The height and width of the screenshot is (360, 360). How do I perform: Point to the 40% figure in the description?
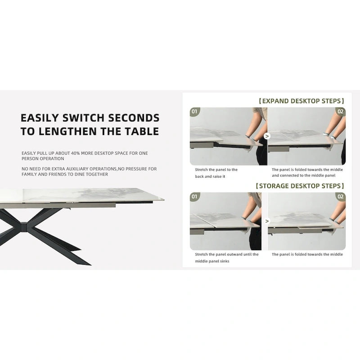coord(75,153)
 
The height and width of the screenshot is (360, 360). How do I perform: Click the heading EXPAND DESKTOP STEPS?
coord(301,101)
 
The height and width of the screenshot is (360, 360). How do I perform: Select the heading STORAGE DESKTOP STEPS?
coord(300,186)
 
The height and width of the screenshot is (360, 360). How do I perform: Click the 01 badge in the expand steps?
coord(195,112)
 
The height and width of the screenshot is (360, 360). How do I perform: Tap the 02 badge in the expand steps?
coord(341,112)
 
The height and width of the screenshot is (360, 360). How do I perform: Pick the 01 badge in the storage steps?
coord(195,197)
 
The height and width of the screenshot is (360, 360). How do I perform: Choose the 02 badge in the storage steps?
coord(341,197)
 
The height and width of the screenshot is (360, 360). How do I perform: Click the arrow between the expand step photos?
coord(267,136)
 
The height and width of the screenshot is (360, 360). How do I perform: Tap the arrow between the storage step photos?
coord(267,221)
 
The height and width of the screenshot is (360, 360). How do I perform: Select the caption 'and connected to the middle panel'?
coord(303,175)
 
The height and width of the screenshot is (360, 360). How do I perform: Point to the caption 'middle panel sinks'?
coord(212,261)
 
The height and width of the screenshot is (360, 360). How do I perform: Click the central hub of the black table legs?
coord(23,227)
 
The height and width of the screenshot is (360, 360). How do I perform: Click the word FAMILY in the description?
coord(29,174)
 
